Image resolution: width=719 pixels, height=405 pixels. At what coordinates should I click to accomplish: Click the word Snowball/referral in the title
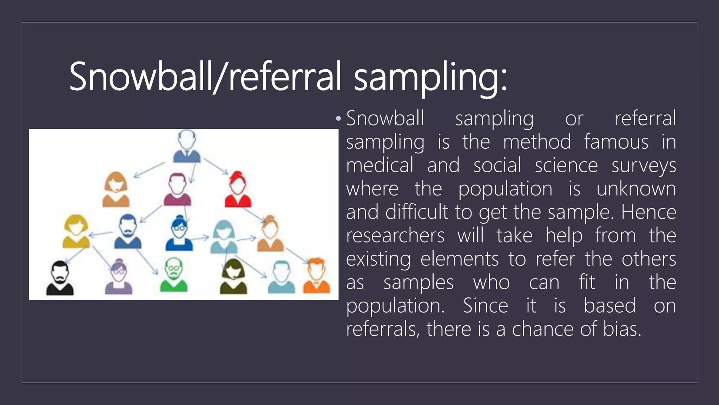click(205, 77)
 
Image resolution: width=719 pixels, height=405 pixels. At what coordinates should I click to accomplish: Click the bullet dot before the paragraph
click(338, 119)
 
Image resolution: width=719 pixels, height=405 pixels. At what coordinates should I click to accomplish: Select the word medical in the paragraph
click(380, 165)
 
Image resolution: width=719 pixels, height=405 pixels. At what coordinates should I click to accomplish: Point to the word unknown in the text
click(636, 189)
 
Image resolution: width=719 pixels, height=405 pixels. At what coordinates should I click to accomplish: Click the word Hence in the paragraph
click(648, 212)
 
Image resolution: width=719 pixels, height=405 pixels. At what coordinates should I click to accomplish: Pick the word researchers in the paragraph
click(395, 235)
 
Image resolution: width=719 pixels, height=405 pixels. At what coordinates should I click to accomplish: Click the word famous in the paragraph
click(616, 142)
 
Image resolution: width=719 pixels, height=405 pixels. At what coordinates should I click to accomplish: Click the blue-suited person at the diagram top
click(187, 147)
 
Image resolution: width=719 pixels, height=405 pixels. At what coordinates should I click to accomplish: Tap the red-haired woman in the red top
click(238, 189)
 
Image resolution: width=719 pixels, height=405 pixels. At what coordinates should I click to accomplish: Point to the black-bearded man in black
click(60, 278)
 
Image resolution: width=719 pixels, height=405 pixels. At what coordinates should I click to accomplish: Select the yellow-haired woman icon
click(76, 232)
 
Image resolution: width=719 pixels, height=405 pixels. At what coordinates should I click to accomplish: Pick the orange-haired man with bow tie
click(316, 276)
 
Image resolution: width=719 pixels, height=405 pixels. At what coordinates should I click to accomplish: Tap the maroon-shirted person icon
click(178, 190)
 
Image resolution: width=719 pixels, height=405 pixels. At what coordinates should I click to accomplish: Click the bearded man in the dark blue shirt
click(128, 232)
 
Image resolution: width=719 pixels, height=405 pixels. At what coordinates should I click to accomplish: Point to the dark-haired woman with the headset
click(233, 277)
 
